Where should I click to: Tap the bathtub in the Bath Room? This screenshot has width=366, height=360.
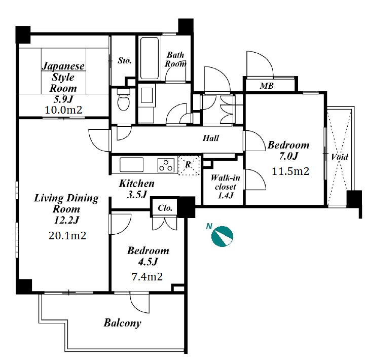150,58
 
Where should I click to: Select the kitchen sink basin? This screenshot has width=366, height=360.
131,165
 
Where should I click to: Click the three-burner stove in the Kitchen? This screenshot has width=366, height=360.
166,165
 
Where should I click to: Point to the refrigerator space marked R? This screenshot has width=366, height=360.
189,165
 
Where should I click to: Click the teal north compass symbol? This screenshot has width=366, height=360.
222,236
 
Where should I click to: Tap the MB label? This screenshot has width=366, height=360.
267,86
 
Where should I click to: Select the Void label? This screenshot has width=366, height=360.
340,157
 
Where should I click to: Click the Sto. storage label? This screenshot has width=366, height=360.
124,60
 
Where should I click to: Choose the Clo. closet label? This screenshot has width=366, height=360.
165,208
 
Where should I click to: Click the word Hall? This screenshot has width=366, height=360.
211,138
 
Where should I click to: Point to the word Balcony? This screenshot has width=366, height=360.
122,323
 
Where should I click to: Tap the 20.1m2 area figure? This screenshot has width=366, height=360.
67,236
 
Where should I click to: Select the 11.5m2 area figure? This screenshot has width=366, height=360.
290,171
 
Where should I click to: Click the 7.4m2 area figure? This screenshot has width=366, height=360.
147,277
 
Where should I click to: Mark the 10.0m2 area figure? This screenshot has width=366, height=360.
63,110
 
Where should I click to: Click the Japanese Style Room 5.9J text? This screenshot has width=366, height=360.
63,82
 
